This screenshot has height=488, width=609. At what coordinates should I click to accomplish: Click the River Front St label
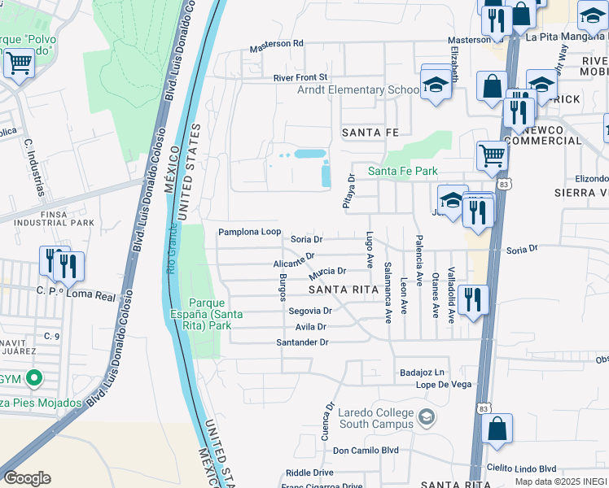coord(300,77)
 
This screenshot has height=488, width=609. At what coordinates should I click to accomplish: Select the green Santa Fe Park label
coord(402,171)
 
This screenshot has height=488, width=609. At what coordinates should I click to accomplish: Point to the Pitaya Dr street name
coord(348,191)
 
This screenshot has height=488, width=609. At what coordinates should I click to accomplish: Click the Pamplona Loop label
coord(249,233)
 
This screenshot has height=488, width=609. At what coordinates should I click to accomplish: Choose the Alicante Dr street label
coord(294,263)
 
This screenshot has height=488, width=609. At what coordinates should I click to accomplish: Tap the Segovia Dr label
coord(309,311)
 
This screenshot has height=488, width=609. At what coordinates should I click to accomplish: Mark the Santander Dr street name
coord(302,342)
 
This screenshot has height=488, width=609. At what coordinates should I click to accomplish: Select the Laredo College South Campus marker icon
coord(425,419)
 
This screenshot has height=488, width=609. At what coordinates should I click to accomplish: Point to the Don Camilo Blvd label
coord(366,450)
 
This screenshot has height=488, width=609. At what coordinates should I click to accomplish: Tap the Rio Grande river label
coord(173,249)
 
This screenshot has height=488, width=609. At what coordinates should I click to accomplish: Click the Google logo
coord(27,478)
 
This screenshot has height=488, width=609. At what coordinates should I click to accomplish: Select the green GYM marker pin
coord(33,378)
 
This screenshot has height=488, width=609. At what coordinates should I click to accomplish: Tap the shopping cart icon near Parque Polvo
coord(19,63)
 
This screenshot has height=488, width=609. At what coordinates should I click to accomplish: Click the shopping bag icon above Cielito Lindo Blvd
coord(497,429)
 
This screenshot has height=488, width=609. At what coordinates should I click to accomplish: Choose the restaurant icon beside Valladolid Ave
coord(473,300)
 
